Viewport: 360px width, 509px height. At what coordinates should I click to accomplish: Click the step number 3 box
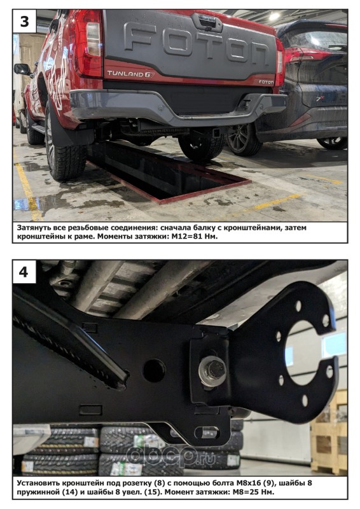[24, 22]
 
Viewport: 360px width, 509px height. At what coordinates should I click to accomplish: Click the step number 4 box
[24, 272]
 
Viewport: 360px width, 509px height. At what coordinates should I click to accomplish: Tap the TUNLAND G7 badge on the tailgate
[131, 74]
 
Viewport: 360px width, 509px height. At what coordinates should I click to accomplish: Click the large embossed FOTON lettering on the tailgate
[197, 43]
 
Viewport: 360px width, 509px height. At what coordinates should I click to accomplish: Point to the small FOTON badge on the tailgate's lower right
[266, 82]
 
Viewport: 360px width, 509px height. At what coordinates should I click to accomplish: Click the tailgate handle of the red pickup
[207, 22]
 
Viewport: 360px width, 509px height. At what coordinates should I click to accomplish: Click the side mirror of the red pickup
[22, 69]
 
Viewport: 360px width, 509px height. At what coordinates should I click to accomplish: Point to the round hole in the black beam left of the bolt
[154, 370]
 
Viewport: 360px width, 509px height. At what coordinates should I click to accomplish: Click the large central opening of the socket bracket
[303, 352]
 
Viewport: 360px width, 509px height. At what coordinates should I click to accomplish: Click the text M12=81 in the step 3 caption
[189, 237]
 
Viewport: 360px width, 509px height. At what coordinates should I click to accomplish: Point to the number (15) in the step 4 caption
[153, 492]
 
